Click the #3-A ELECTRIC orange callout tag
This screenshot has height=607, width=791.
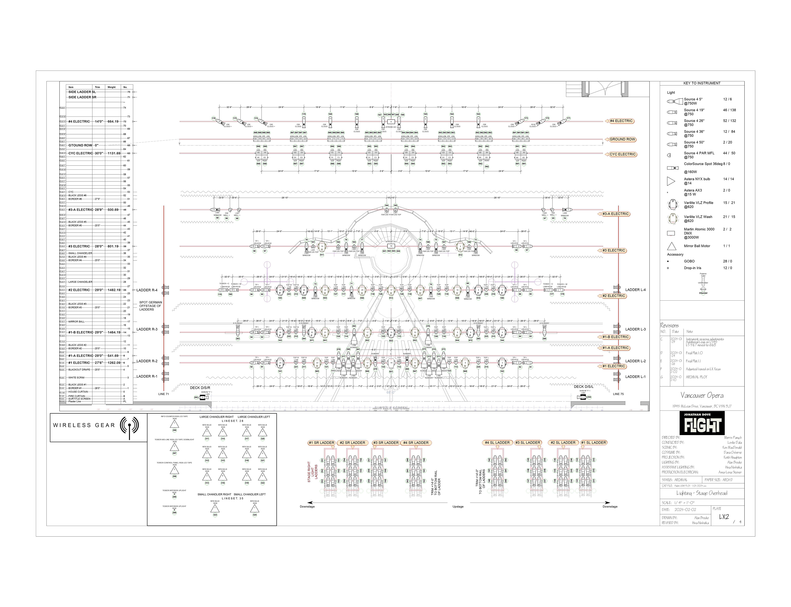(615, 214)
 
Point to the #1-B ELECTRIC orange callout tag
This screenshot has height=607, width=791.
(615, 337)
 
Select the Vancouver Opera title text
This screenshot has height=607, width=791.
(702, 395)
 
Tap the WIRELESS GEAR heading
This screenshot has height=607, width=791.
(84, 425)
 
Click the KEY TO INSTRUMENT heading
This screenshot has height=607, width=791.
(702, 83)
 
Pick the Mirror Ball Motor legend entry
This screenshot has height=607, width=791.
(697, 246)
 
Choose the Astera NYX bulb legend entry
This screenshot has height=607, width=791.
(697, 179)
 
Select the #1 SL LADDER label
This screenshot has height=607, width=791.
(593, 443)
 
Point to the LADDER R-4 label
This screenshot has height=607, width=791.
(147, 290)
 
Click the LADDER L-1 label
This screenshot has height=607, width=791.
(635, 376)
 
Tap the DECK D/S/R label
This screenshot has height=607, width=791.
(200, 388)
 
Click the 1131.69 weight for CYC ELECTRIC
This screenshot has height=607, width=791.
(114, 153)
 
